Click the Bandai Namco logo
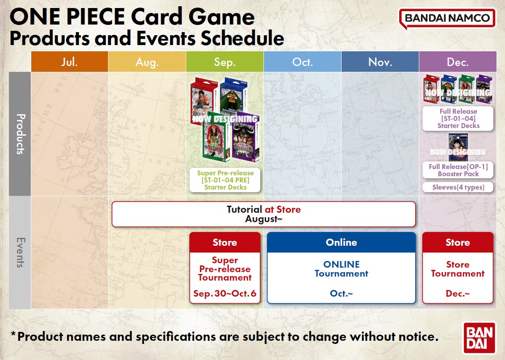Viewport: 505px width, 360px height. (x=447, y=19)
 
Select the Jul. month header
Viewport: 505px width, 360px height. (x=69, y=62)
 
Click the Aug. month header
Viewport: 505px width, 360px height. (x=147, y=62)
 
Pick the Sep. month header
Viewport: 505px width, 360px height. (x=225, y=62)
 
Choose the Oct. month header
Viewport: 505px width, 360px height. (x=302, y=62)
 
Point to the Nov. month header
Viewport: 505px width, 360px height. (x=380, y=62)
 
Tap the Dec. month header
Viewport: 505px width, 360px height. (x=458, y=62)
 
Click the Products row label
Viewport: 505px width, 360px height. (x=20, y=134)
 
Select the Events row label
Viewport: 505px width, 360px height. (x=20, y=252)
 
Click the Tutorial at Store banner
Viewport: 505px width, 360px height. (x=263, y=214)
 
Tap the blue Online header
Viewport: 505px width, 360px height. (x=341, y=243)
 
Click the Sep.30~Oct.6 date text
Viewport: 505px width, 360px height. (x=225, y=294)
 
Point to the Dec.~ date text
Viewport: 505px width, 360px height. (x=458, y=294)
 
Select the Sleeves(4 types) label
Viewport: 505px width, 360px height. (x=458, y=187)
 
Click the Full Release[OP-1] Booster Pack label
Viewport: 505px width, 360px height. (x=458, y=170)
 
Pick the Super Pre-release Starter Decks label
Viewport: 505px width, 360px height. (x=225, y=180)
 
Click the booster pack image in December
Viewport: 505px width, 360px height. (x=458, y=147)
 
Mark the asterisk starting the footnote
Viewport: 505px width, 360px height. (x=13, y=334)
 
